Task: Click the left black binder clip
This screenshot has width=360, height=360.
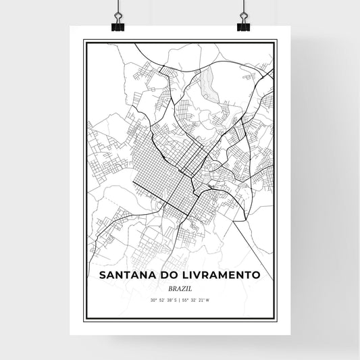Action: click(118, 26)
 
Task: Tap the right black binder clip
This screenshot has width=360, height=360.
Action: click(242, 26)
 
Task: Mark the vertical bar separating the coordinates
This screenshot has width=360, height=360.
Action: click(180, 299)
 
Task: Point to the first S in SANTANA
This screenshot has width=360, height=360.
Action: click(102, 275)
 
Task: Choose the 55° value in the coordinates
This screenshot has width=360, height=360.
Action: click(186, 299)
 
